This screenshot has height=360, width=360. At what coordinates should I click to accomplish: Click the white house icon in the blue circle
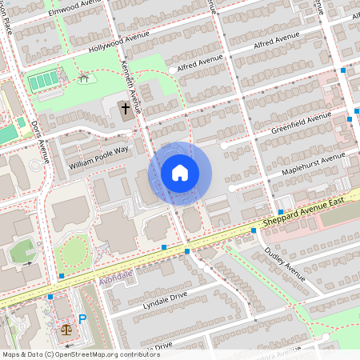point(180,173)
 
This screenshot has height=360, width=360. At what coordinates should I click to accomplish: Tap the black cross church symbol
point(125,108)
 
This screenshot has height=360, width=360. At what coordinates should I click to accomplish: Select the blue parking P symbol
point(82,319)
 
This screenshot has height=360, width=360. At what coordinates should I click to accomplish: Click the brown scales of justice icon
point(66,327)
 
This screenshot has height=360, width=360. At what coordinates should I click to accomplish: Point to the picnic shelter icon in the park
point(84,77)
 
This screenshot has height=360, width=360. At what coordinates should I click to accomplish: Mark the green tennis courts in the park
point(42,81)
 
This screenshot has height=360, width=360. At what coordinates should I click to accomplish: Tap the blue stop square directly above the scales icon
point(53,297)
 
